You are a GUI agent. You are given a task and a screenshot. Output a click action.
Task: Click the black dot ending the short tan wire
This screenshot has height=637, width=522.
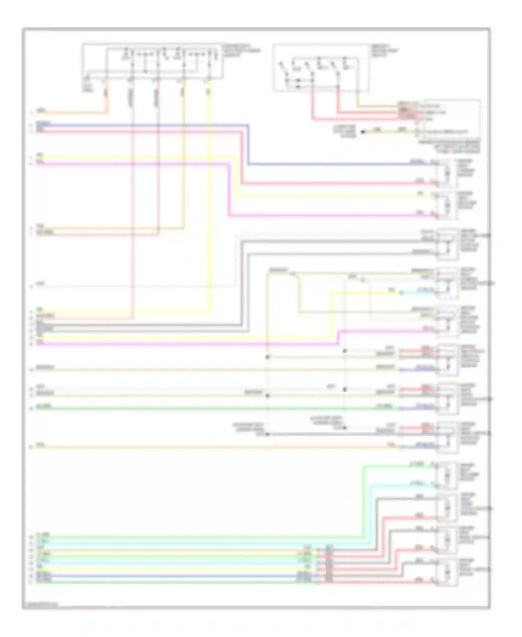(362, 132)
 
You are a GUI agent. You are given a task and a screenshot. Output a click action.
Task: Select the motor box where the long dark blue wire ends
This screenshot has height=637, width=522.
(447, 172)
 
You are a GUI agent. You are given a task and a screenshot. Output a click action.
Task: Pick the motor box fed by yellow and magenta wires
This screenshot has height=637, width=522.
(447, 205)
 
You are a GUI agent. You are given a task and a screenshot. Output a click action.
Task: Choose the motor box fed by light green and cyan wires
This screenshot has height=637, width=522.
(447, 476)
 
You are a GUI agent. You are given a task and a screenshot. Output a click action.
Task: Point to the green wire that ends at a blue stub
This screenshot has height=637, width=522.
(209, 408)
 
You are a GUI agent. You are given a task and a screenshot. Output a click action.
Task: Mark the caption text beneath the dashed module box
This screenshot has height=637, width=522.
(449, 147)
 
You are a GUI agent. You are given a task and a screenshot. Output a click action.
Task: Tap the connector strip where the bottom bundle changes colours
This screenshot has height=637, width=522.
(328, 565)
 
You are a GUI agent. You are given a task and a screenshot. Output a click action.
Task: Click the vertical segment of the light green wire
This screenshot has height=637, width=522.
(364, 502)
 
